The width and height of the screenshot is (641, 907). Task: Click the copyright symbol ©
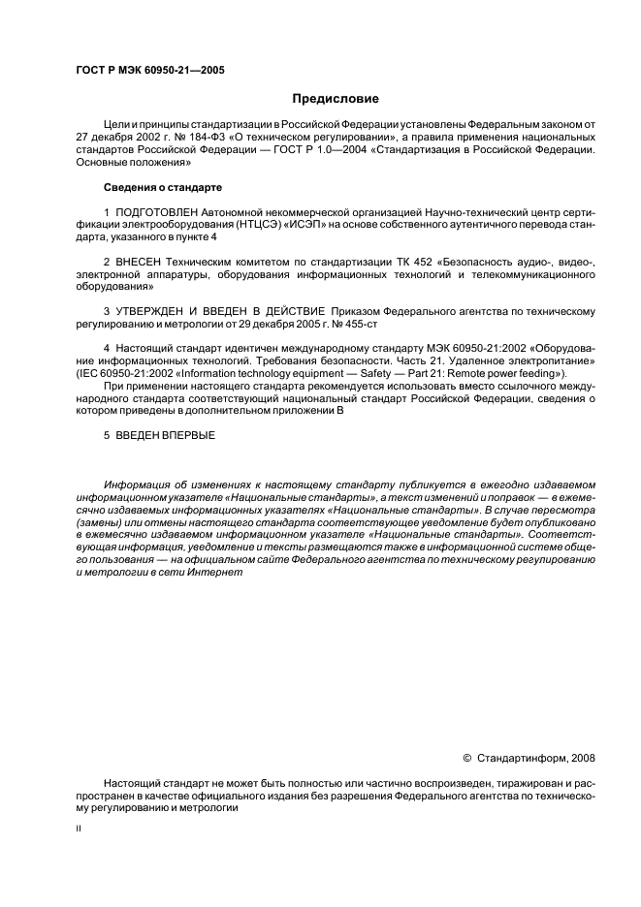pos(466,758)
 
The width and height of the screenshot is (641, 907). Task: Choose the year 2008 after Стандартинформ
pos(580,758)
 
